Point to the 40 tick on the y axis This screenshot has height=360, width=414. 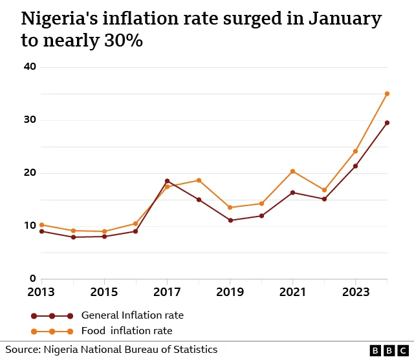tap(30, 67)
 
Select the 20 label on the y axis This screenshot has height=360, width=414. tap(30, 173)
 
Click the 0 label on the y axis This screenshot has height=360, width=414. tap(33, 279)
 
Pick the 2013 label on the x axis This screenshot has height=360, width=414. tap(41, 292)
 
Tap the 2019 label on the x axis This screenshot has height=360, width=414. tap(230, 292)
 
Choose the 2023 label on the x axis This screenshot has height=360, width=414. tap(355, 292)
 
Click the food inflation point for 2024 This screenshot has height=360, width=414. tap(387, 94)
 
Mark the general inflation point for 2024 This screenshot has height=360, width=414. tap(387, 123)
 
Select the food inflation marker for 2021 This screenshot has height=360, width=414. tap(292, 171)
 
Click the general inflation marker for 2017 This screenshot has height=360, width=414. tap(167, 181)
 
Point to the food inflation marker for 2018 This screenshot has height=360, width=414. tap(199, 180)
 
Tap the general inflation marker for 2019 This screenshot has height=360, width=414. tap(230, 220)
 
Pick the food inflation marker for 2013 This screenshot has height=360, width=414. tap(42, 225)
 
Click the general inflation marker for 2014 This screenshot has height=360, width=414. tap(73, 237)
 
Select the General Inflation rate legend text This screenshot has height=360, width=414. tap(132, 315)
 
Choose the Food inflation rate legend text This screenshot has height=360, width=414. tap(127, 331)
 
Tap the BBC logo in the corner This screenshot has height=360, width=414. tap(389, 350)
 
